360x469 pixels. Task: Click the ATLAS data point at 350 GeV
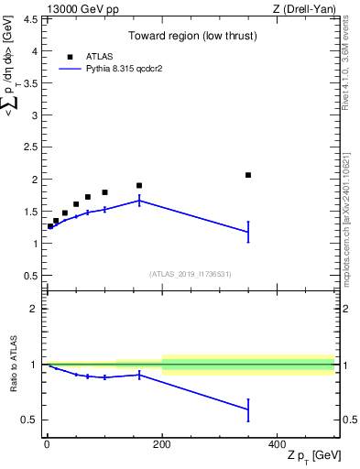pyautogui.click(x=248, y=175)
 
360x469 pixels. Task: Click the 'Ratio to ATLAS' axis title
pyautogui.click(x=13, y=365)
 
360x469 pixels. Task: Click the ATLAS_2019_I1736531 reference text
pyautogui.click(x=190, y=274)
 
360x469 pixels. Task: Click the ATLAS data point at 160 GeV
pyautogui.click(x=139, y=186)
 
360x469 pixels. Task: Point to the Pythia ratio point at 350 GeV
pyautogui.click(x=248, y=409)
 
